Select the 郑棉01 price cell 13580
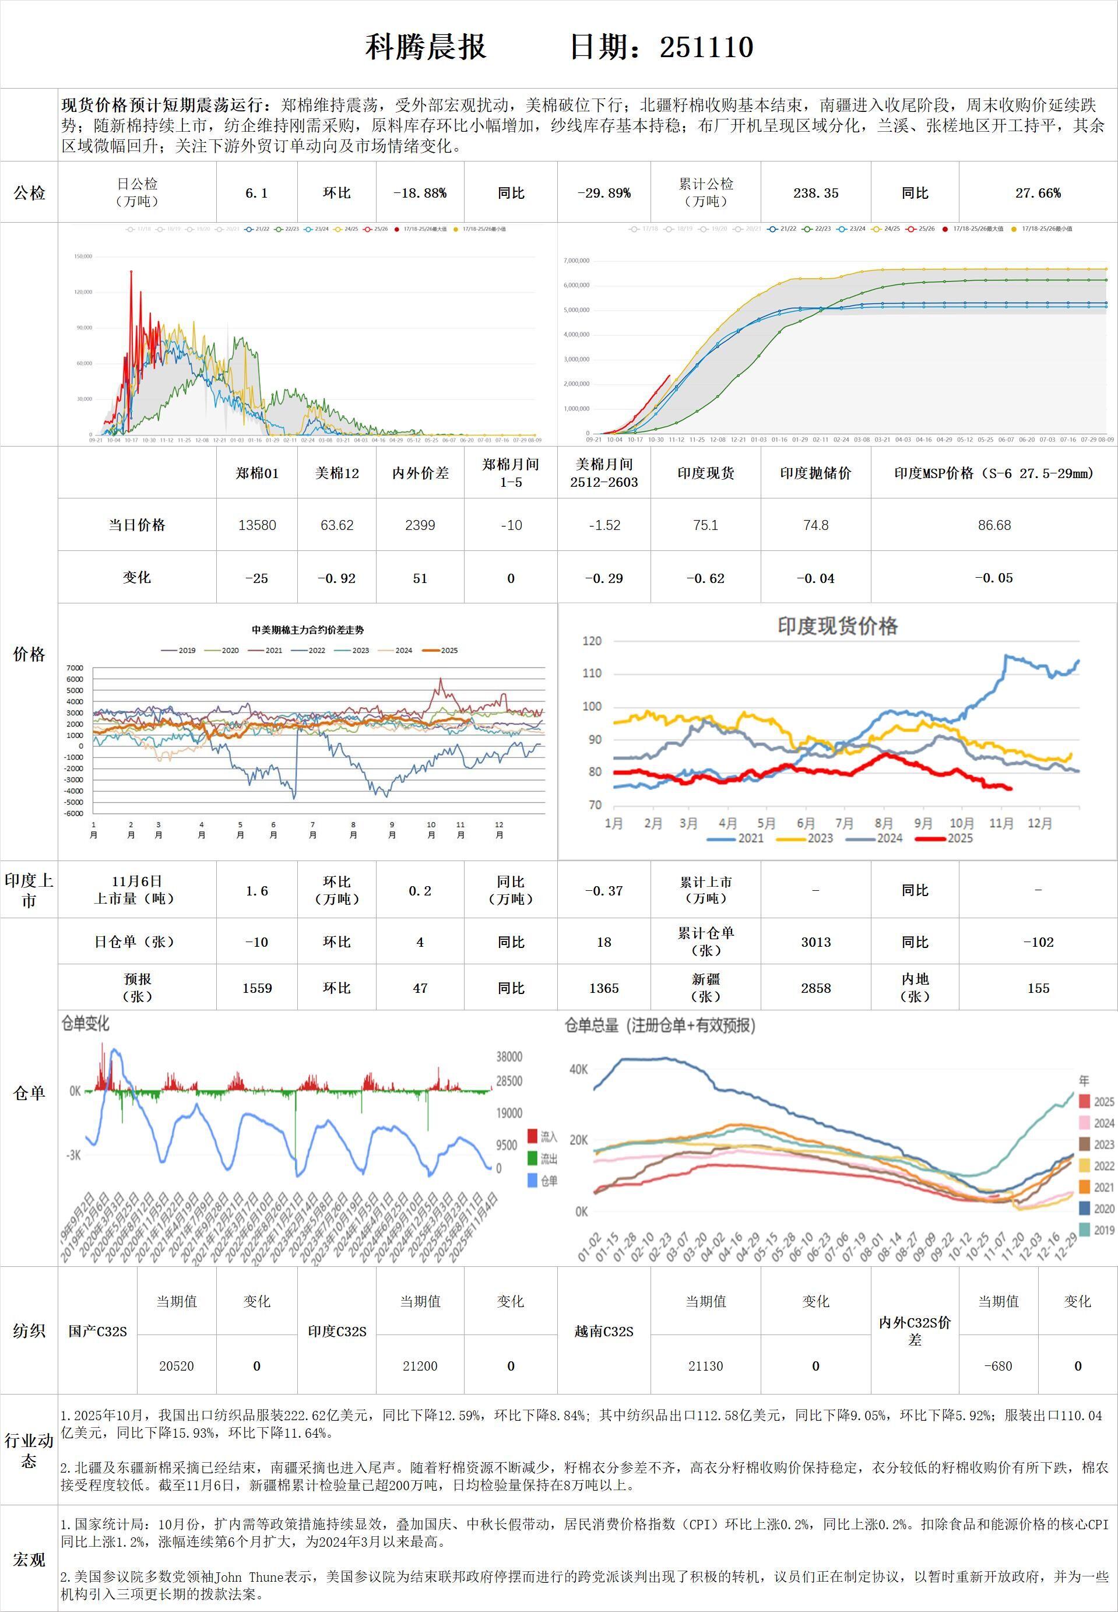click(x=257, y=525)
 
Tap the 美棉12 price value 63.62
click(x=337, y=525)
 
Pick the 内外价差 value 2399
click(x=420, y=525)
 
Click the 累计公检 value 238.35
click(x=815, y=192)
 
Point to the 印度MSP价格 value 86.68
click(x=994, y=525)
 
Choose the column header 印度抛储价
click(x=815, y=473)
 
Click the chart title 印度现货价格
click(x=837, y=626)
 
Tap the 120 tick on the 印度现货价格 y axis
click(x=592, y=641)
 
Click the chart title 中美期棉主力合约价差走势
click(x=308, y=630)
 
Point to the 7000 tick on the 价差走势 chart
click(x=75, y=668)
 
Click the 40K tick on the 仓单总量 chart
click(x=579, y=1069)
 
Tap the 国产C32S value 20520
click(x=177, y=1365)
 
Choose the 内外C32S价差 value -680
click(x=997, y=1365)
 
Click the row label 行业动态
click(x=29, y=1450)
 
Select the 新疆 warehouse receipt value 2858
click(x=815, y=988)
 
